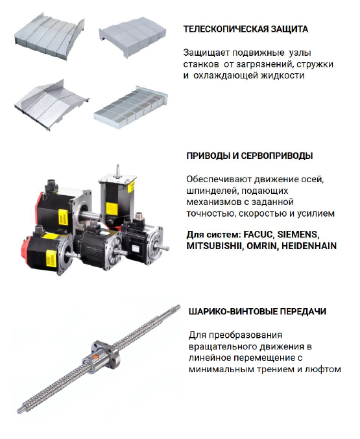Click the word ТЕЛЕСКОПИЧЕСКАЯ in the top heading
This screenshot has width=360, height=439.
225,29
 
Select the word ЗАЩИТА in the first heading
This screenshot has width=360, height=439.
289,29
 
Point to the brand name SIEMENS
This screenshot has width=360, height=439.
298,234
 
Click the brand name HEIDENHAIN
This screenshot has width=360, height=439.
309,246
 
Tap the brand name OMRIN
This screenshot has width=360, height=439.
263,246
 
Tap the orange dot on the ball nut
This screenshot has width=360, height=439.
95,357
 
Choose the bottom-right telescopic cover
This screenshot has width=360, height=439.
130,107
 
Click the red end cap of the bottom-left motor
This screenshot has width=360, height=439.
26,248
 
